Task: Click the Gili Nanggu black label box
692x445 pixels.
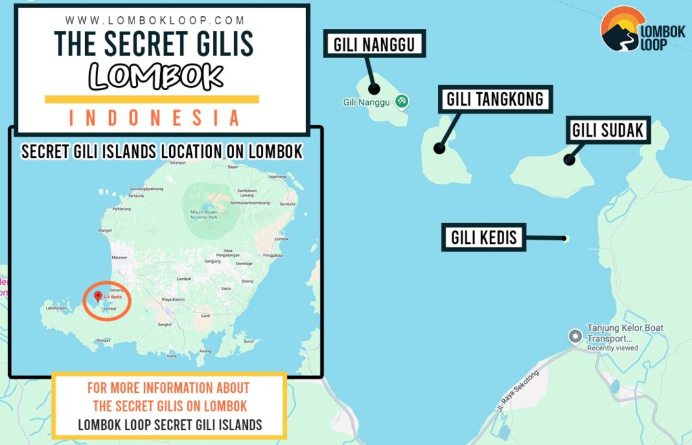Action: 374,45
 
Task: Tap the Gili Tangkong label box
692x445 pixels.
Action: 495,100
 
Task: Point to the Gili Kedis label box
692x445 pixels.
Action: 484,237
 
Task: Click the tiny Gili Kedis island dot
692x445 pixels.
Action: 566,238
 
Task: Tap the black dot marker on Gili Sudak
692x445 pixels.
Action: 570,160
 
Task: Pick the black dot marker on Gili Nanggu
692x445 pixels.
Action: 374,89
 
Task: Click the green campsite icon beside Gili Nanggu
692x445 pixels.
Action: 402,101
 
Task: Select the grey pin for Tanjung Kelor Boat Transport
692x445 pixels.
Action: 575,335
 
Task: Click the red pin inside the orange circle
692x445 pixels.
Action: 98,296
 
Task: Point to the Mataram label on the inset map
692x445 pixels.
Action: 119,258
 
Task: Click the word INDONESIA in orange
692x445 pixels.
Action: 154,118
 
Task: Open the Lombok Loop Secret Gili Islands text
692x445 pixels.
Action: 170,425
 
